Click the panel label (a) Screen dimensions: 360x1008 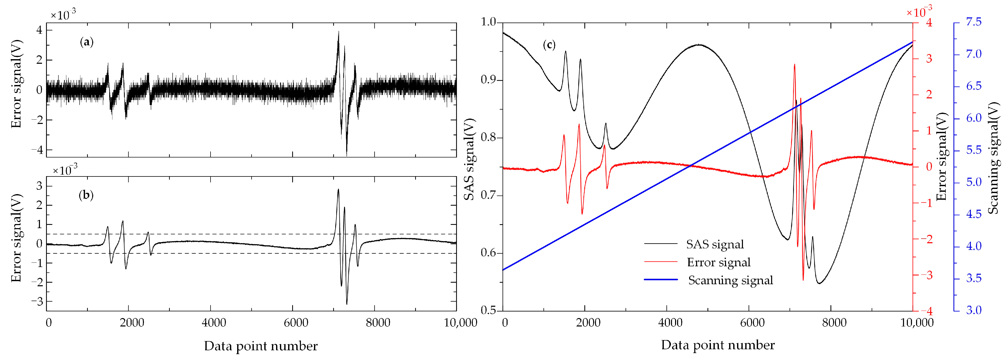87,42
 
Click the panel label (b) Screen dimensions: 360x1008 86,195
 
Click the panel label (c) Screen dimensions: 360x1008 549,45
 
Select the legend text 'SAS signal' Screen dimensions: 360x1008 715,245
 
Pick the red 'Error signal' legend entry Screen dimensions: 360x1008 718,262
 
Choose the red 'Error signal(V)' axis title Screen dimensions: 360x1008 941,156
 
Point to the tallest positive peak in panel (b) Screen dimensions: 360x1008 338,189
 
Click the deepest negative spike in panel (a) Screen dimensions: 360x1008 346,155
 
